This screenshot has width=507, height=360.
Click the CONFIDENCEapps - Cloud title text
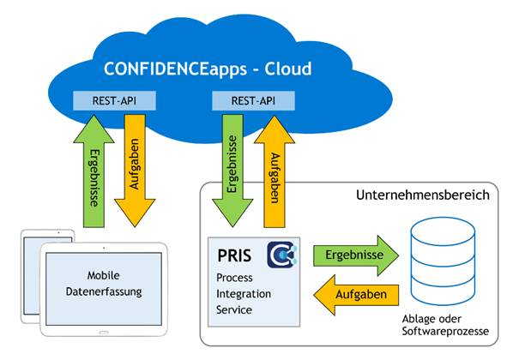208,69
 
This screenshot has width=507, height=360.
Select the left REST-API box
114,101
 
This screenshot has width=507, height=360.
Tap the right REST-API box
253,101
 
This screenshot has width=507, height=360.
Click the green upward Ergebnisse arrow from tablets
94,171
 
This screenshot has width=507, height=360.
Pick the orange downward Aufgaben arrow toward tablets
135,171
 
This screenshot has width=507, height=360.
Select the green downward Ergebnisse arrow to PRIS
232,171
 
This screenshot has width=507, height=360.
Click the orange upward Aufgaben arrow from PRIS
275,171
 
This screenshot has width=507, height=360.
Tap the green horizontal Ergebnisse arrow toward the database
356,255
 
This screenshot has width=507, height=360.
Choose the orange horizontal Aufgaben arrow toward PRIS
356,295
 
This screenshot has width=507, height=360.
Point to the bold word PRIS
234,255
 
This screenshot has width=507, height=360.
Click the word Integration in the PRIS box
244,294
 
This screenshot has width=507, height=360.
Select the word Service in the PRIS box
234,310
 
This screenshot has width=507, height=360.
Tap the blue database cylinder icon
443,261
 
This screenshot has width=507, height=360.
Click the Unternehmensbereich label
423,195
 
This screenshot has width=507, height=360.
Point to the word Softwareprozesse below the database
445,332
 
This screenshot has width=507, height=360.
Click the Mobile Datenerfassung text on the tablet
104,284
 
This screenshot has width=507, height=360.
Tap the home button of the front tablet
104,332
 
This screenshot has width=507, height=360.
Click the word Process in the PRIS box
234,278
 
